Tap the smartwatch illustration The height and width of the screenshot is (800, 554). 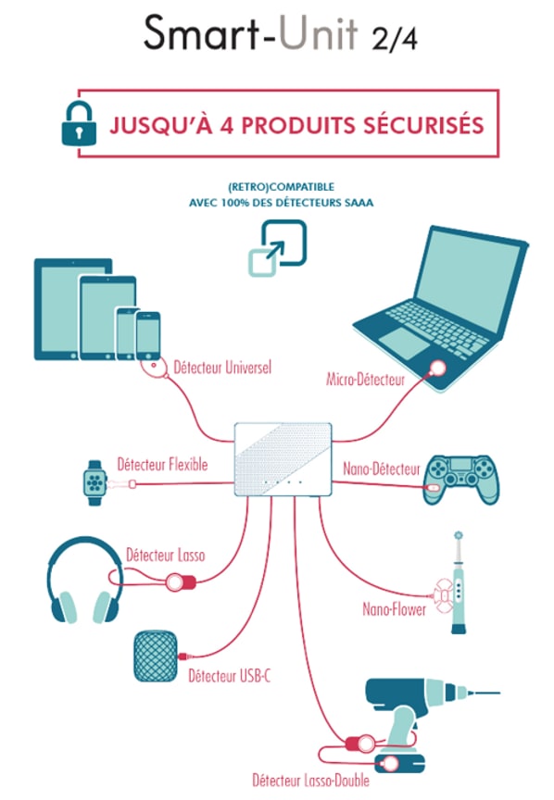coord(94,482)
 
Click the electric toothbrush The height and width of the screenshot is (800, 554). coord(458,582)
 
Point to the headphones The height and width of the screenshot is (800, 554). coord(84,579)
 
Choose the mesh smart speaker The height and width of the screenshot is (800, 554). coord(156,656)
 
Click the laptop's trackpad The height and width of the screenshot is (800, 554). coord(403,342)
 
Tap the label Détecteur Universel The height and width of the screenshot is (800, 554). coord(222,368)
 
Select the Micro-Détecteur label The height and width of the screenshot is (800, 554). coord(366,379)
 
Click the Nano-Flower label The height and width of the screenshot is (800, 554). coord(394,608)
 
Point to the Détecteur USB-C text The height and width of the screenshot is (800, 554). coord(229,676)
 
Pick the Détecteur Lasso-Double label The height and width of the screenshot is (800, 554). coord(310,781)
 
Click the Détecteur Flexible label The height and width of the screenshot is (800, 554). coord(162,464)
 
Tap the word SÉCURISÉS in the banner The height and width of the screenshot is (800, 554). coord(423,126)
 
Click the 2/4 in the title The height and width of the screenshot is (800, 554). coord(395,38)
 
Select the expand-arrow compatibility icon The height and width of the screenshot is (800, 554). coord(277,248)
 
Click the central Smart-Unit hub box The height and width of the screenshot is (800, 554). coord(283,459)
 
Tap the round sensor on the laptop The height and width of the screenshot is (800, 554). coord(437,368)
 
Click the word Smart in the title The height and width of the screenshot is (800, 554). coord(202,32)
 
